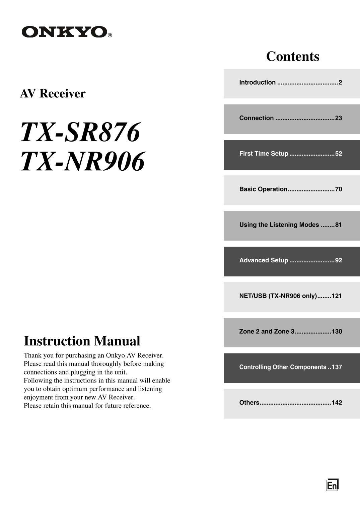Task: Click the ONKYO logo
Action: [x=64, y=32]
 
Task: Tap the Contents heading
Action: [x=292, y=57]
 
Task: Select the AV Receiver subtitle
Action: [x=53, y=93]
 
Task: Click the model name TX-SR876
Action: [x=80, y=132]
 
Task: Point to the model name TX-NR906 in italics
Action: [x=83, y=161]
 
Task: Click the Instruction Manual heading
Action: [x=82, y=341]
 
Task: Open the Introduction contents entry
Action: [x=257, y=82]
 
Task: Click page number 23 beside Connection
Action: [x=339, y=118]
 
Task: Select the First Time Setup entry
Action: [x=264, y=154]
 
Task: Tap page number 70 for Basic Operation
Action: [x=339, y=189]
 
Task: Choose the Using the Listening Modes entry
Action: [x=279, y=225]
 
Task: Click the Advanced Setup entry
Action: [x=264, y=260]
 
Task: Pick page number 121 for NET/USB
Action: [x=337, y=296]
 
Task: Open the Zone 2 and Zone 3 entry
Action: [x=267, y=331]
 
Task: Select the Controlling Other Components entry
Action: [x=283, y=367]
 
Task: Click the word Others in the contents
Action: [x=249, y=403]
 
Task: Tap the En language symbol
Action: [x=332, y=485]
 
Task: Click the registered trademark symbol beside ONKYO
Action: [x=110, y=35]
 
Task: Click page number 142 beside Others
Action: [x=337, y=403]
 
